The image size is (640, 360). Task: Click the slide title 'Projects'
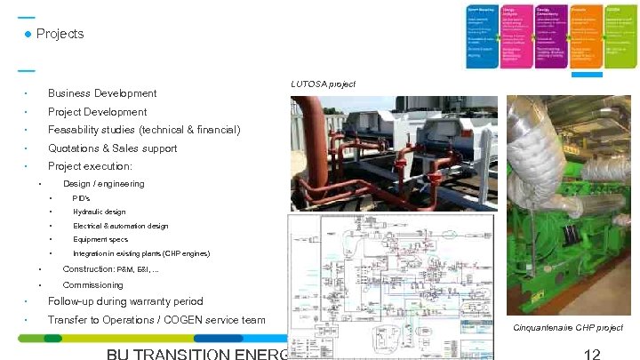[x=60, y=34]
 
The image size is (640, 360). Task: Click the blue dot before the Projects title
[x=28, y=34]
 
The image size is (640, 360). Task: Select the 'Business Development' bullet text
[x=102, y=93]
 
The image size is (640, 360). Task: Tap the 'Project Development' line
[x=97, y=112]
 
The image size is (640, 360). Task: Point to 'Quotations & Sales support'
[x=112, y=148]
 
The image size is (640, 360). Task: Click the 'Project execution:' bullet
[x=90, y=166]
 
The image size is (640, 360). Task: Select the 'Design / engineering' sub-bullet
[x=103, y=184]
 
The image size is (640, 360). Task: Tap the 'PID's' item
[x=82, y=198]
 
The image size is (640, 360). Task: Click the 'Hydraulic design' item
[x=100, y=212]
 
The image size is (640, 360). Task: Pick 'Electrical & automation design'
[x=120, y=226]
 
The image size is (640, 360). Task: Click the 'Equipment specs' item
[x=100, y=240]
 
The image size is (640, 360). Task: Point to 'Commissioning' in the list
[x=92, y=285]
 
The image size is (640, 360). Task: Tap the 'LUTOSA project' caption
[x=323, y=84]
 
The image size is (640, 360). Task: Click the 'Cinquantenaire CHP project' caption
[x=569, y=328]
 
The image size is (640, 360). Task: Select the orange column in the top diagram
[x=583, y=36]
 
